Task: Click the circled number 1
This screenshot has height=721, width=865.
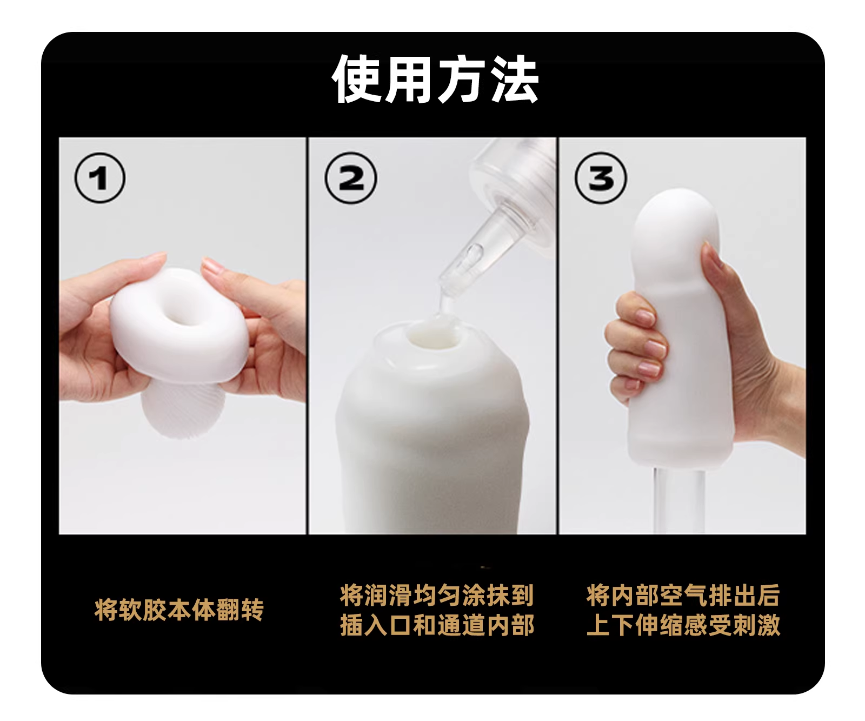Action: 100,178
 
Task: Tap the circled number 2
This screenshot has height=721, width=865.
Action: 351,178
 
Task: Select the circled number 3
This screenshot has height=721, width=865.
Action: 601,178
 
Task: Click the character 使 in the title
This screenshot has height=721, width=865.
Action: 357,79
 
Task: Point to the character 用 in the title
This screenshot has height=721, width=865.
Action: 409,79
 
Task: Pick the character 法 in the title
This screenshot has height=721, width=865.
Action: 514,79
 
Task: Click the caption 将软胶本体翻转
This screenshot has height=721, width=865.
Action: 179,610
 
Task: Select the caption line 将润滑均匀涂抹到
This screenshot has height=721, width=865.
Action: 437,595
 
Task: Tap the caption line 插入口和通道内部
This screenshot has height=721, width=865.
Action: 437,625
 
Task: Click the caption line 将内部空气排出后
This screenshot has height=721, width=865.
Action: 683,595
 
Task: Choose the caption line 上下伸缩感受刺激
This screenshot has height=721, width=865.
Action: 683,625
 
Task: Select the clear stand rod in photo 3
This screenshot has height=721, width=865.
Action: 676,500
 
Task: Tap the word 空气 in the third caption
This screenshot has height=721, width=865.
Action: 683,595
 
